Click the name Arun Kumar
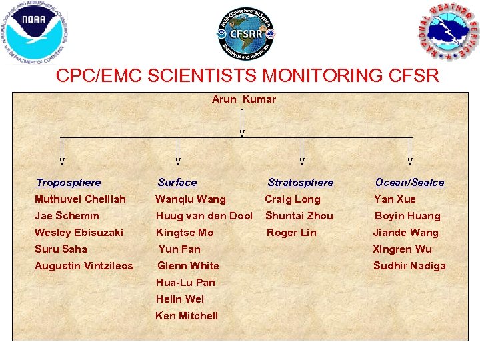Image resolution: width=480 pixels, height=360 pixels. click(244, 99)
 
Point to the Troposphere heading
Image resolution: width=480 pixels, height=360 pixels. click(69, 183)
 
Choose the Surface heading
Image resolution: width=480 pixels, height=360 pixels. click(177, 183)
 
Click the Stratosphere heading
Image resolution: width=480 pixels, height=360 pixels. click(301, 183)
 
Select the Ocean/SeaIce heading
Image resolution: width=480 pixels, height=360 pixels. click(409, 183)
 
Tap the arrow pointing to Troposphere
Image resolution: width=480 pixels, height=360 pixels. click(62, 151)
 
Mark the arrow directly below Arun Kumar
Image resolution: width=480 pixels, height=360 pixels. click(242, 123)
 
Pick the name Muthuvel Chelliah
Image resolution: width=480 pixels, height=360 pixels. click(80, 199)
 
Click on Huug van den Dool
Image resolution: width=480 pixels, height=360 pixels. click(204, 216)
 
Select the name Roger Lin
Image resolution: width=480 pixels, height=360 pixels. click(291, 233)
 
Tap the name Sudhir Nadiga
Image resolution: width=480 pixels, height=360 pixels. click(409, 266)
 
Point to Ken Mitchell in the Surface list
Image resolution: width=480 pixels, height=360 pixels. click(187, 316)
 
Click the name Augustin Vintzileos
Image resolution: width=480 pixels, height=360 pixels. click(84, 266)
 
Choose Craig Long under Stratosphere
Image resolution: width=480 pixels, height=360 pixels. click(293, 199)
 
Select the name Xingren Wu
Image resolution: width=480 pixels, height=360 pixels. click(403, 249)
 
